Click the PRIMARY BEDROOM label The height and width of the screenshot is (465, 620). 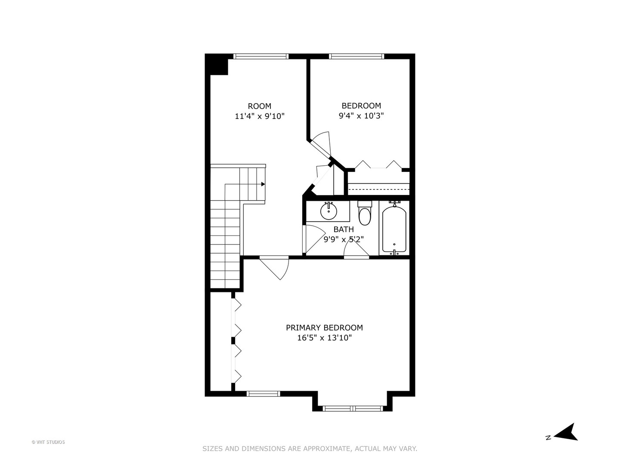click(x=324, y=328)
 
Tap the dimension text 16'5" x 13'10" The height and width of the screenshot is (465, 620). click(x=324, y=338)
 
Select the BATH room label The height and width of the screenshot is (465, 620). click(x=344, y=229)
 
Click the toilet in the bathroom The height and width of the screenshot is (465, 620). click(x=365, y=215)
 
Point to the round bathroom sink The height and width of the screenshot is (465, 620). click(x=329, y=211)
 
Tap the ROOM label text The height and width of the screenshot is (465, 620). click(x=260, y=106)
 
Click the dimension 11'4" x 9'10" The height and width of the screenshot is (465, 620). click(x=260, y=116)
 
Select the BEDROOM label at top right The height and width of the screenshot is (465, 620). click(x=361, y=105)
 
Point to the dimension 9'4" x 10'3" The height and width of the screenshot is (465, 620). click(x=361, y=115)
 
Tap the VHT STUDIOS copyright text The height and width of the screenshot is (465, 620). click(x=48, y=442)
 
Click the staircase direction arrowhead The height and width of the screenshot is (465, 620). click(x=263, y=184)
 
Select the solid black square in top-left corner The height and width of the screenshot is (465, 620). click(x=217, y=65)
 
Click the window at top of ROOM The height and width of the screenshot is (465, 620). click(x=260, y=56)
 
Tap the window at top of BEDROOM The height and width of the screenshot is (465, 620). click(x=356, y=56)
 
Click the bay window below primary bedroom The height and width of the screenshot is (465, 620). click(x=353, y=408)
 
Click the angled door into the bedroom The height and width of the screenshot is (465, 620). click(x=321, y=144)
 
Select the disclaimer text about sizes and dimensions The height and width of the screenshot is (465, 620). click(x=310, y=449)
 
